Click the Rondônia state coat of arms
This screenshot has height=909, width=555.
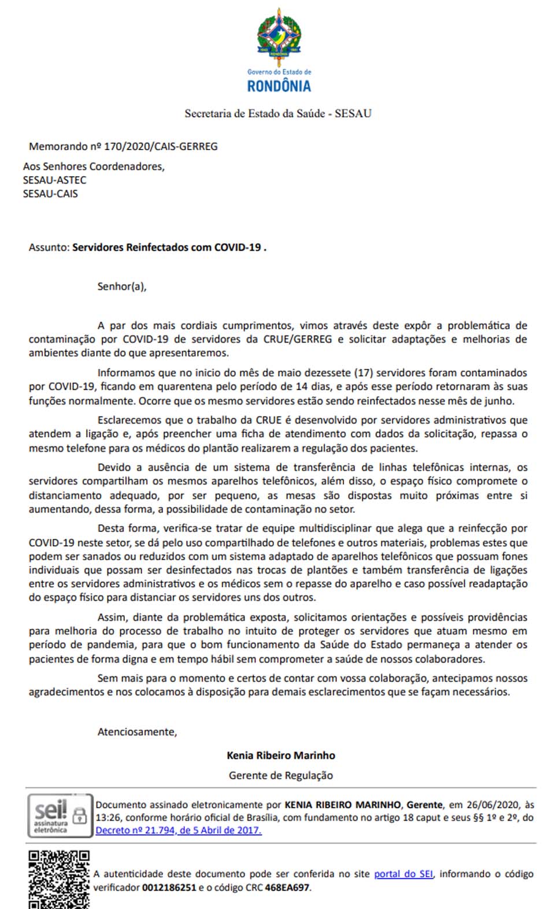[x=279, y=36]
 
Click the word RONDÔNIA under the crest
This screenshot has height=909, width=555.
[x=279, y=87]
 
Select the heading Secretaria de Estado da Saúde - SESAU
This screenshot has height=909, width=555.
[x=278, y=113]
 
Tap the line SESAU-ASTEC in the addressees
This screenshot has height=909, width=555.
[x=54, y=180]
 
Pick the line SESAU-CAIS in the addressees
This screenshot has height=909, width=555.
[x=50, y=194]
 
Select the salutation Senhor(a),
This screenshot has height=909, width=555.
[x=122, y=286]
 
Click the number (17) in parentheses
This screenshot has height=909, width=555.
[x=362, y=373]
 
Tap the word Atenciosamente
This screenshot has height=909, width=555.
[x=137, y=732]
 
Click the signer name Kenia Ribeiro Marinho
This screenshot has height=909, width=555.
[x=281, y=755]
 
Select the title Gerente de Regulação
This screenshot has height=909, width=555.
[x=281, y=776]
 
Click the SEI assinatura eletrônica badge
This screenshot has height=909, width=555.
[x=60, y=815]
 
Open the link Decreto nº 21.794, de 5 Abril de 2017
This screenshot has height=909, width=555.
[x=179, y=830]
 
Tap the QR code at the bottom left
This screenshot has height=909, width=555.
[x=59, y=879]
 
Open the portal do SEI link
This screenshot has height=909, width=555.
[x=403, y=874]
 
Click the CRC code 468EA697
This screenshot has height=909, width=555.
[x=287, y=888]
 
